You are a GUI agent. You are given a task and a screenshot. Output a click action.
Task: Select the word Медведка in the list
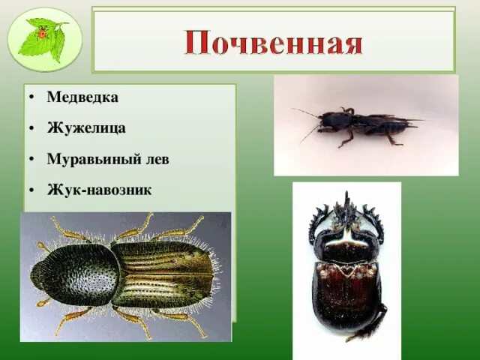[82, 97]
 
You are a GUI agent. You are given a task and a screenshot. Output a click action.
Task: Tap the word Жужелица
[86, 128]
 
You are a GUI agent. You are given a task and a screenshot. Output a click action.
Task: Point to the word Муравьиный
[82, 159]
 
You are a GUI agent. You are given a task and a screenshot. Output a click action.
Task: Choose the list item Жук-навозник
[99, 190]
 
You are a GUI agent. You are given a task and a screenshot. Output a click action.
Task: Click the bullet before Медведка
[31, 98]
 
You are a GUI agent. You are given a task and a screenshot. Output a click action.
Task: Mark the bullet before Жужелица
[31, 129]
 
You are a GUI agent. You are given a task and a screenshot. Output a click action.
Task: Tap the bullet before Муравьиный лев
[31, 160]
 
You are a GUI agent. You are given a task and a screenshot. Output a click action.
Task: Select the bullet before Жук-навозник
[31, 190]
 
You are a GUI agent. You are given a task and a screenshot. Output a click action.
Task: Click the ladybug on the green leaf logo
[43, 33]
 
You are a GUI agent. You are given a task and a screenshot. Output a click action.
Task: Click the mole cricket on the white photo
[360, 124]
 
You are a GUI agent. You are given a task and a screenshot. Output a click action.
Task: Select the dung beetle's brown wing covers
[346, 296]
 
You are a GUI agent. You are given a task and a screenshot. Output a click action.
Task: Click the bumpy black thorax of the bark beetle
[75, 274]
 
